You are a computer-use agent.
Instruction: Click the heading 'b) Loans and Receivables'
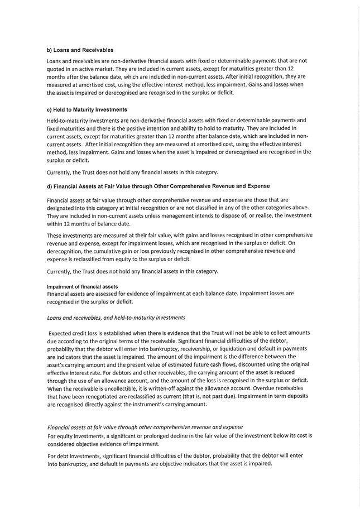(x=80, y=50)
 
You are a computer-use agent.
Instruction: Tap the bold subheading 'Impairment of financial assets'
(x=82, y=287)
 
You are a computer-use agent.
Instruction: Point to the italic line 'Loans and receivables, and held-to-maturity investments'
(x=116, y=318)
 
